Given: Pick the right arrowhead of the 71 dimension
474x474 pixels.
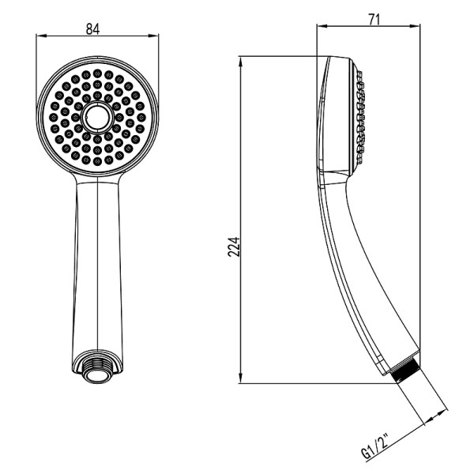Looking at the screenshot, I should click(x=416, y=26).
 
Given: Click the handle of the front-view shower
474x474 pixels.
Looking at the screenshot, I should click(x=97, y=261).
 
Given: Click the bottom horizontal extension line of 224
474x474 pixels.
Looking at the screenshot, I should click(x=316, y=383).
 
